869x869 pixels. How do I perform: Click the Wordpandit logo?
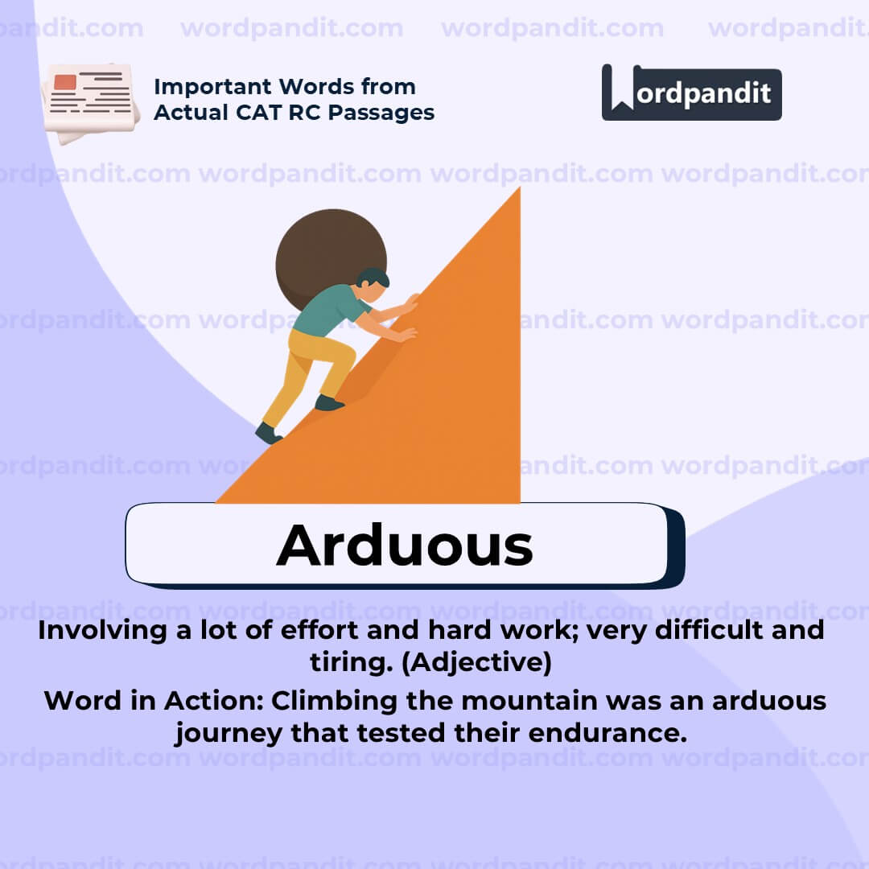(x=691, y=93)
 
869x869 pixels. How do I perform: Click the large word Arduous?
(x=404, y=546)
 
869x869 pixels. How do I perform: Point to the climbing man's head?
(x=373, y=282)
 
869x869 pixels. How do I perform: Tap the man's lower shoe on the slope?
(x=268, y=434)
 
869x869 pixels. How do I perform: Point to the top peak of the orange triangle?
(x=517, y=192)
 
